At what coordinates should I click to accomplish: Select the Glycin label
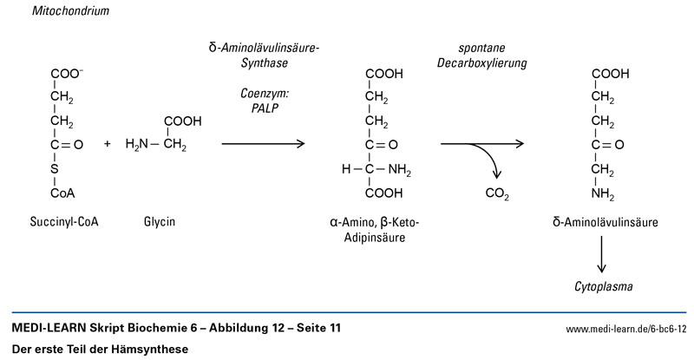coord(160,222)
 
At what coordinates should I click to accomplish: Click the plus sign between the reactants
coord(108,144)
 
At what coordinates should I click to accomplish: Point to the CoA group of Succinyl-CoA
coord(62,193)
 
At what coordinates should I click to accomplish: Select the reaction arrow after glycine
coord(264,144)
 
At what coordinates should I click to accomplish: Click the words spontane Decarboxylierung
coord(493,56)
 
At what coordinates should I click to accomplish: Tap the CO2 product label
coord(496,193)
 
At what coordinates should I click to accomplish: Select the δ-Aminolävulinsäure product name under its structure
coord(605,222)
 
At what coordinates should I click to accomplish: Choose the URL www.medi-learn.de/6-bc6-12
coord(625,330)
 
